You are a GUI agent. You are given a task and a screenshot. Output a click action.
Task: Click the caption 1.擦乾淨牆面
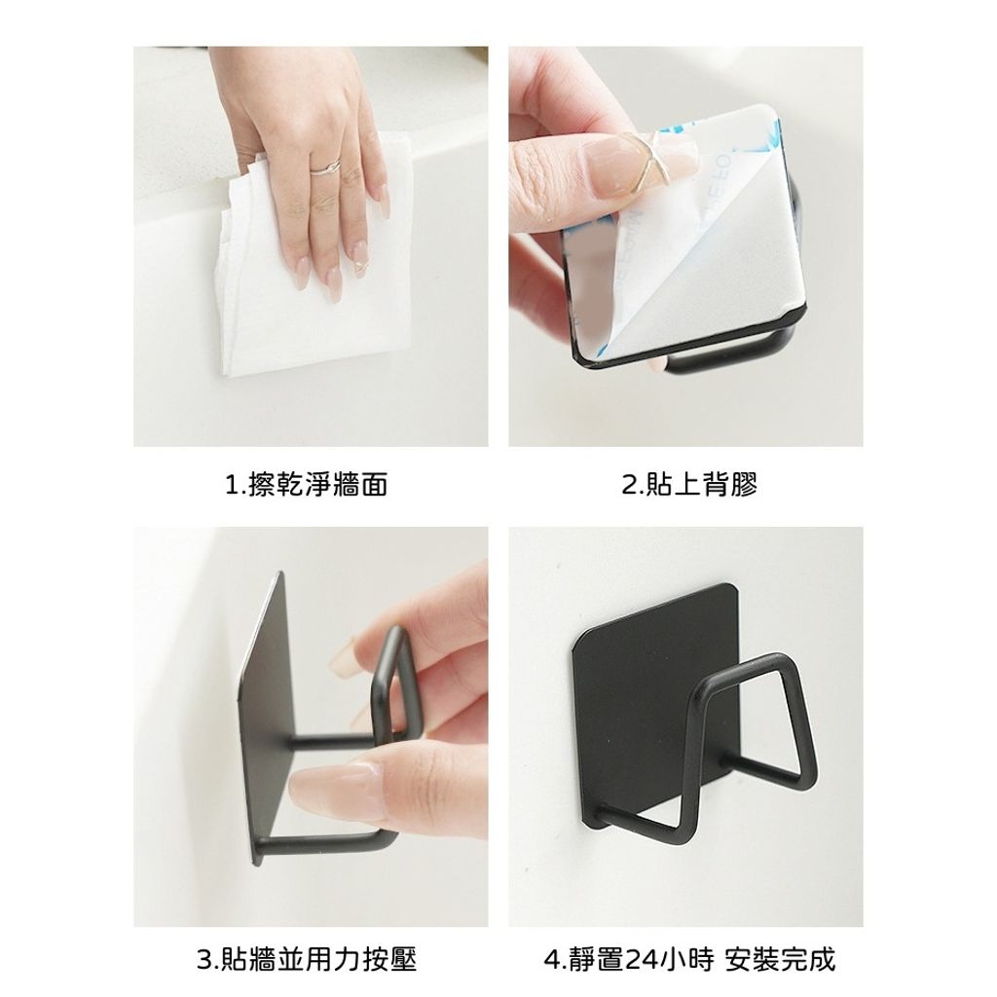(x=307, y=485)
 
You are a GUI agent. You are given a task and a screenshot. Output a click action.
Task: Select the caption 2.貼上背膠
(x=689, y=485)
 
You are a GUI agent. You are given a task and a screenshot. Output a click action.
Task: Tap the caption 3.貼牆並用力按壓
(x=307, y=959)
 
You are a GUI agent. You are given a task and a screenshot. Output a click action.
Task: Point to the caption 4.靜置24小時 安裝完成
(x=689, y=959)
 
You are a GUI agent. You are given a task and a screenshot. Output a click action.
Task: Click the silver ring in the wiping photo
(x=325, y=167)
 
